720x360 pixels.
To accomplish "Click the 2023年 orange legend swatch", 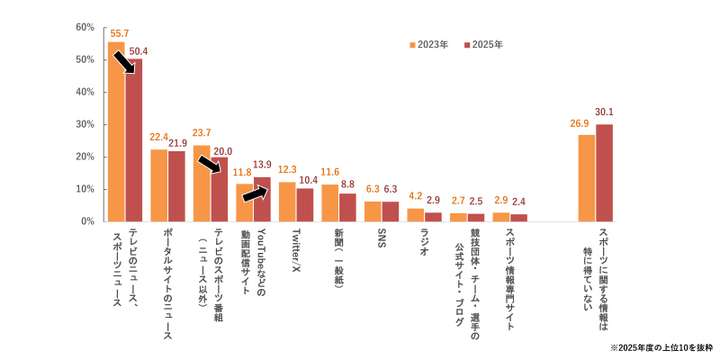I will pos(412,44).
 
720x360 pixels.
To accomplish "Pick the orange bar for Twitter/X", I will pos(287,202).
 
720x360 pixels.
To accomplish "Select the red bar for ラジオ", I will pos(433,216).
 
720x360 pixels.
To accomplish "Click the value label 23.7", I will pos(202,133).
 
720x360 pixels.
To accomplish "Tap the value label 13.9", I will pos(262,165).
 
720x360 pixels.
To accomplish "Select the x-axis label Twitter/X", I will pos(295,247).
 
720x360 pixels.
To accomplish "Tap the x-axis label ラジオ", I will pos(424,242).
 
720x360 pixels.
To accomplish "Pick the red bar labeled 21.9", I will pos(176,186).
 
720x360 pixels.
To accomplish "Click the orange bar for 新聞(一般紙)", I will pos(329,202).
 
